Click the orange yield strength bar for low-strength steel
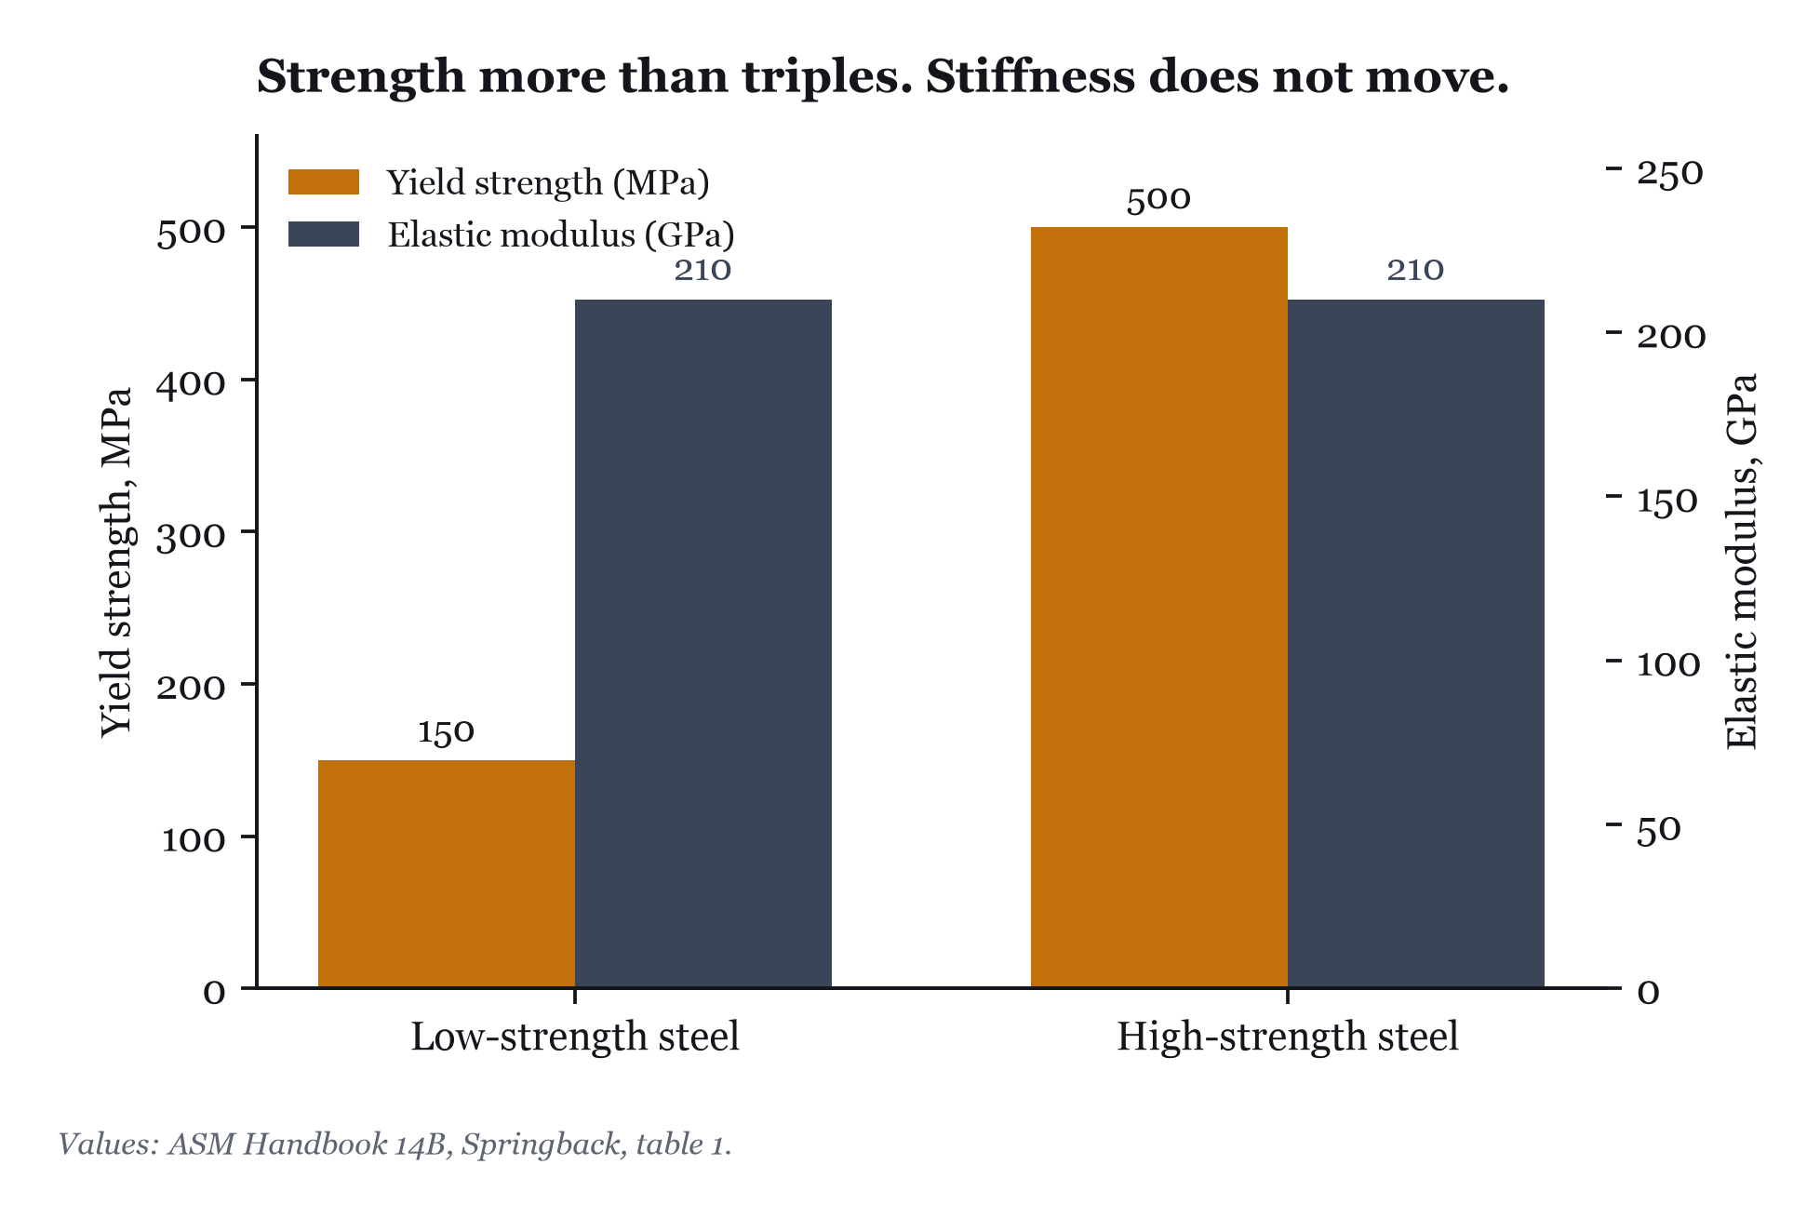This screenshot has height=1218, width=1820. click(447, 874)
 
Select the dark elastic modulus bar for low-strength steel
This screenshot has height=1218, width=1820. click(703, 643)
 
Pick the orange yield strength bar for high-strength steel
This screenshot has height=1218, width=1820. click(1159, 607)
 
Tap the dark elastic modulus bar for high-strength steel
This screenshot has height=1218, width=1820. click(1416, 643)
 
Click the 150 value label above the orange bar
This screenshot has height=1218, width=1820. click(446, 732)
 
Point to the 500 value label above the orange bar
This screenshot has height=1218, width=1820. click(1158, 199)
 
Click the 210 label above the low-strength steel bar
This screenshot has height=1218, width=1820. click(703, 271)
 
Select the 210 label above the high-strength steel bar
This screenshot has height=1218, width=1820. click(1415, 271)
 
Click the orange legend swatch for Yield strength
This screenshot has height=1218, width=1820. click(324, 182)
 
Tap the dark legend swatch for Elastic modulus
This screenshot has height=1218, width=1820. click(324, 234)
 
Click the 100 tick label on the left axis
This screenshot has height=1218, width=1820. click(194, 839)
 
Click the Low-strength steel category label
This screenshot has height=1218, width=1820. click(575, 1037)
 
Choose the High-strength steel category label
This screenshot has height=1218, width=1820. click(1288, 1037)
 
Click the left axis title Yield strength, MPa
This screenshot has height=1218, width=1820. click(117, 561)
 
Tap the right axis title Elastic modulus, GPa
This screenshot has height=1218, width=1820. click(1742, 561)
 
